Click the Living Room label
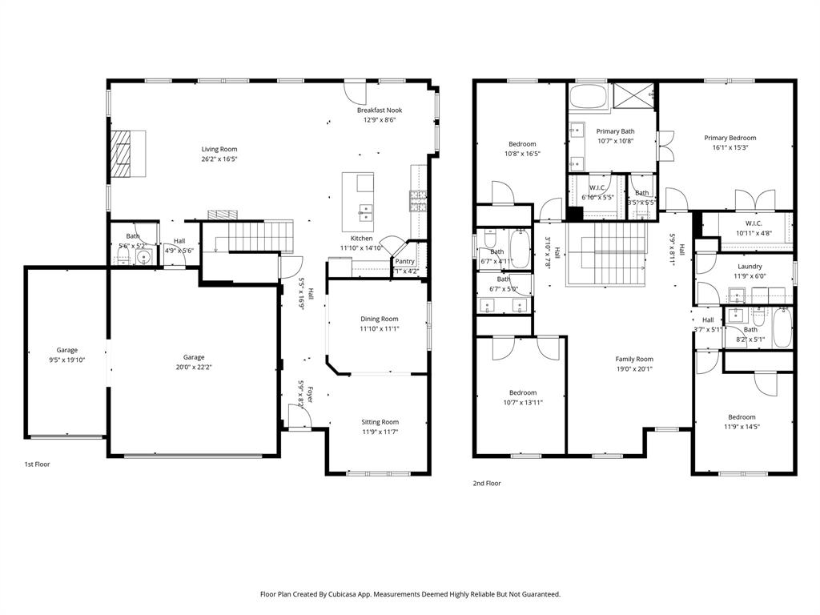(219, 149)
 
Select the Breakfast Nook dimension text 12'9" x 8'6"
(380, 120)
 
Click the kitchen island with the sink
(358, 202)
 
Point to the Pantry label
(405, 261)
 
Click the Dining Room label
(379, 319)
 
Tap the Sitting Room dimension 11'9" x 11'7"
(379, 432)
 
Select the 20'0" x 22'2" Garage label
(194, 368)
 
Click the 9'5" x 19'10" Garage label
(66, 360)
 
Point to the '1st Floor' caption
(38, 464)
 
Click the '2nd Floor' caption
(486, 483)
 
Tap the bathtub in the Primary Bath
(589, 99)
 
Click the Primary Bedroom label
(730, 138)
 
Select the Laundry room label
(750, 267)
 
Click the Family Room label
(634, 360)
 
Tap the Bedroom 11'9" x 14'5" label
(741, 417)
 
